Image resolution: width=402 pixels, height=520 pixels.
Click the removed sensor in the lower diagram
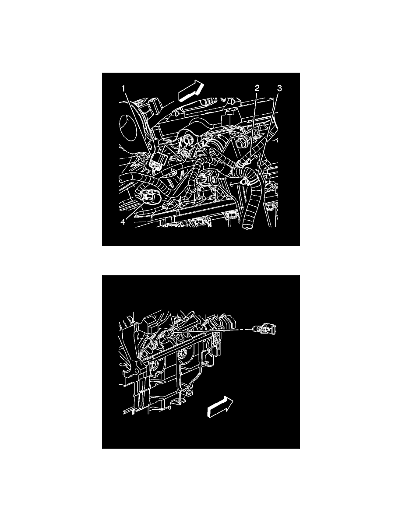coord(267,329)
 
